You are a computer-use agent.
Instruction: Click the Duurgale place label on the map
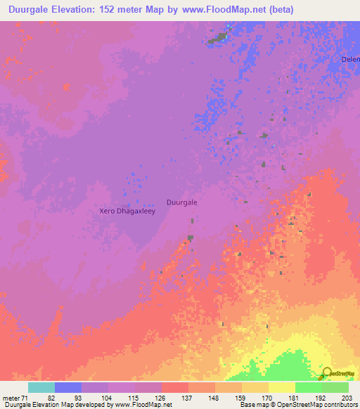click(x=181, y=202)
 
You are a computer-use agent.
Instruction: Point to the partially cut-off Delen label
click(x=350, y=59)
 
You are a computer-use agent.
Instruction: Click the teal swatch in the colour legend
click(x=41, y=387)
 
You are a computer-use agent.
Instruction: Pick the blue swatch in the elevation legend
click(x=68, y=387)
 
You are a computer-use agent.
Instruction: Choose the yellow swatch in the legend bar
click(x=282, y=387)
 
